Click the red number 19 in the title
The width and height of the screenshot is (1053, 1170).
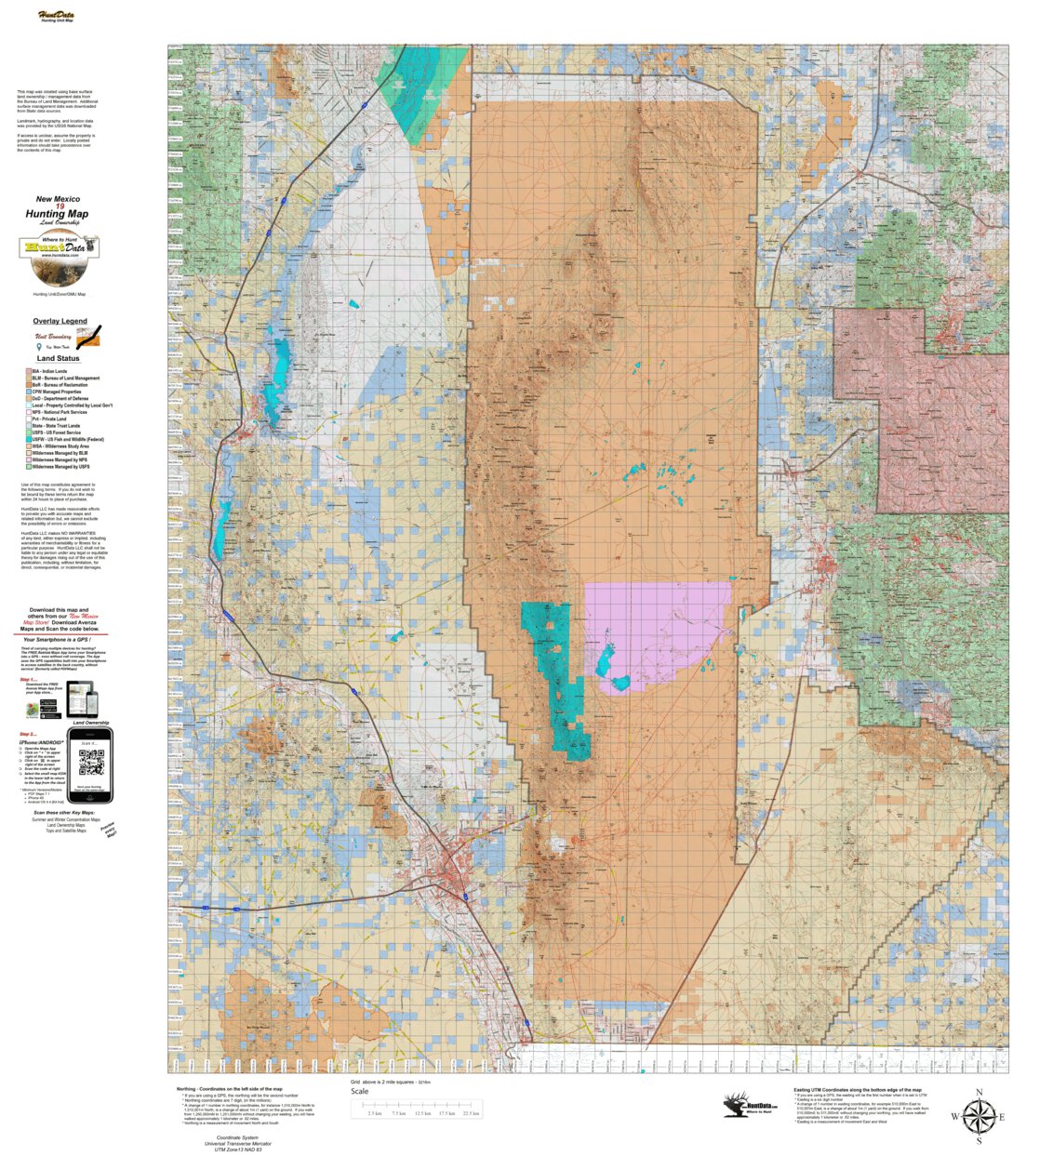coord(60,206)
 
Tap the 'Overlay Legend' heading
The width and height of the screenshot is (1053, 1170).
coord(60,321)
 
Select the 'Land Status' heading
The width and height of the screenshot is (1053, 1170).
coord(58,358)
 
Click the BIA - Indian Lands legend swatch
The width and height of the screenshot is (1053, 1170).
coord(29,372)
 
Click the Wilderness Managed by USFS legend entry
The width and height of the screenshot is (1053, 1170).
coord(60,467)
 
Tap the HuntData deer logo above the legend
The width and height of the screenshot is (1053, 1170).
coord(60,259)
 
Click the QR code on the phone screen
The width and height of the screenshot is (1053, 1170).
coord(91,763)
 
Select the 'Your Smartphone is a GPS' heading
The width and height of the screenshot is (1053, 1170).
coord(60,640)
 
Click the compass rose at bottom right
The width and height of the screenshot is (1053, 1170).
coord(978,1116)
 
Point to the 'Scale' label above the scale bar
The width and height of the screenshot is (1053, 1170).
coord(359,1092)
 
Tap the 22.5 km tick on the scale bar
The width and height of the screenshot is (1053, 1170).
coord(470,1113)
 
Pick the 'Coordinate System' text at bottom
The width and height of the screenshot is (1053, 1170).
coord(237,1137)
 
